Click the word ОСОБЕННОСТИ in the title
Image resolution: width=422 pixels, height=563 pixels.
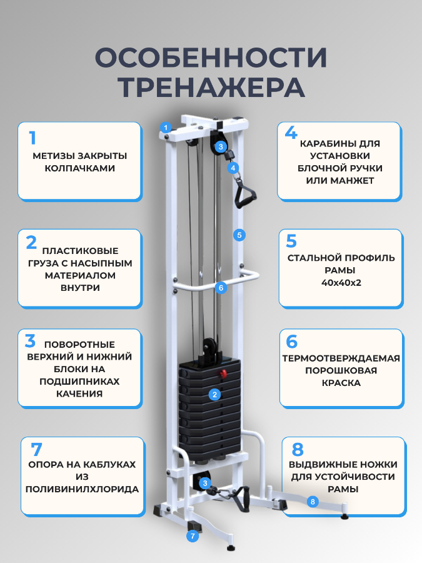click(211, 58)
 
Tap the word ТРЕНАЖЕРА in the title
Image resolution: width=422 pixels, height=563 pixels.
click(211, 87)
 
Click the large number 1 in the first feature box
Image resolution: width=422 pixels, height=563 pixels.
click(33, 137)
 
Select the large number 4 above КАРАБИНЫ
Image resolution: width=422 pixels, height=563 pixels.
click(291, 133)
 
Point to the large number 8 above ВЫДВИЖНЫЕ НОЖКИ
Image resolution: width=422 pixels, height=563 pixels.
click(298, 450)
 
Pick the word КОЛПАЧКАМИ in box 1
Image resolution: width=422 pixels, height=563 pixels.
click(79, 168)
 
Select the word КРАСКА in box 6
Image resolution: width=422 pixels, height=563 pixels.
click(340, 382)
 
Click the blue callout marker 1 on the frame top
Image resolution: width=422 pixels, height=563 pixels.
click(166, 127)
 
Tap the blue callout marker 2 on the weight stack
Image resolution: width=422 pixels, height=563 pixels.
click(214, 394)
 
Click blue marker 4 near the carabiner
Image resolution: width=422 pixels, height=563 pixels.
click(233, 168)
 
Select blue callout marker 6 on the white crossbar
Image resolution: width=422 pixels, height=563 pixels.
click(219, 288)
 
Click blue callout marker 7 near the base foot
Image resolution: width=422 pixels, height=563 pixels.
click(193, 535)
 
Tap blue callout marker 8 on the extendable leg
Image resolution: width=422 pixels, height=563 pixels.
click(313, 501)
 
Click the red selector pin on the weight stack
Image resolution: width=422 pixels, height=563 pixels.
click(221, 374)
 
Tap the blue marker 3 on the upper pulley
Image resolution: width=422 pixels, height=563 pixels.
click(220, 147)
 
